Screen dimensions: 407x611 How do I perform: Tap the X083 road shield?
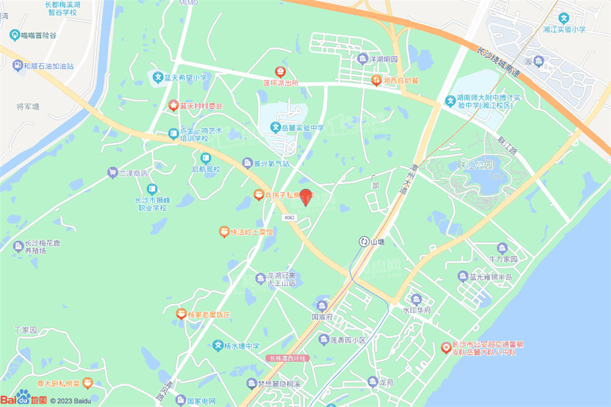coord(289,218)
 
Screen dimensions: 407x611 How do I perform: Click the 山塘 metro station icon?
coord(364,241)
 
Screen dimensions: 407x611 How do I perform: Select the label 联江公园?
coord(475,164)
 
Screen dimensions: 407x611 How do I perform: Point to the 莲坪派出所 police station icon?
coord(280,72)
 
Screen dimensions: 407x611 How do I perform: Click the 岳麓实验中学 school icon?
coord(276,128)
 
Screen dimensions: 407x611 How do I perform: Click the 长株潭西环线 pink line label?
coord(288,358)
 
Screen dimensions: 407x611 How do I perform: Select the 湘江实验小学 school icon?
coord(565,19)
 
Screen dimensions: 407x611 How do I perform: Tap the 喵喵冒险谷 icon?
coord(14,35)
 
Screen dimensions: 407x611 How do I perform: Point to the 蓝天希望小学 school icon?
coord(156,78)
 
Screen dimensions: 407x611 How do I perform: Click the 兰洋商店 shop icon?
coord(112,173)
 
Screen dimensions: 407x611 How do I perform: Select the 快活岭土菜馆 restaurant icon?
coord(224,232)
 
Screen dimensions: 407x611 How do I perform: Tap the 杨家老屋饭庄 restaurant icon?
coord(181,314)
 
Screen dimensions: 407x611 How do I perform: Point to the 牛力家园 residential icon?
coord(502,248)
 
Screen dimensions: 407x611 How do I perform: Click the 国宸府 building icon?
coord(322,306)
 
